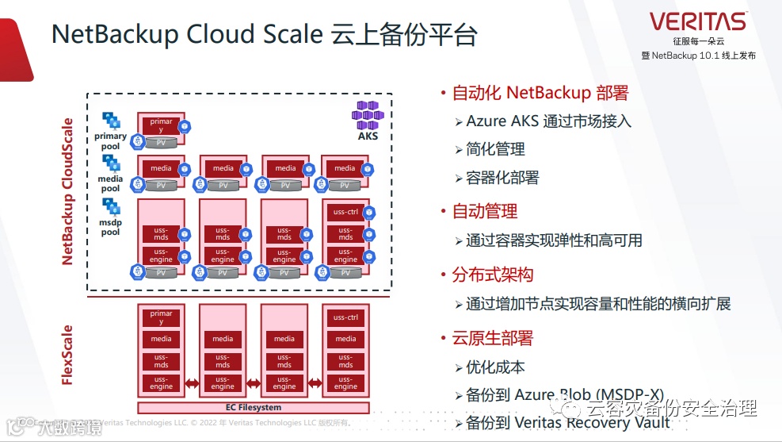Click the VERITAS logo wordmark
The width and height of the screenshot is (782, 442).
click(x=697, y=21)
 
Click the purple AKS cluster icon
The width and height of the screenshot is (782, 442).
click(x=367, y=115)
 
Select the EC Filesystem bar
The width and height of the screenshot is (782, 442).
click(x=254, y=408)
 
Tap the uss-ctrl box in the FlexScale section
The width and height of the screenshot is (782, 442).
click(x=345, y=317)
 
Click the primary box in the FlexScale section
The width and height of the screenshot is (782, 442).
click(x=161, y=317)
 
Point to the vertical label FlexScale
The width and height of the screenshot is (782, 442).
click(x=67, y=355)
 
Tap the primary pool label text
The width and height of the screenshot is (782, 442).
click(x=110, y=141)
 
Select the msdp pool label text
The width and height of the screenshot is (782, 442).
click(x=110, y=228)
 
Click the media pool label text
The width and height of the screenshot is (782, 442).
click(x=110, y=183)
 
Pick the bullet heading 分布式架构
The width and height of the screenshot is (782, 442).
click(x=492, y=275)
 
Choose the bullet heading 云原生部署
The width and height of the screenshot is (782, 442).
click(x=492, y=338)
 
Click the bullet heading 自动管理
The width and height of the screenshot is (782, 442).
click(x=484, y=211)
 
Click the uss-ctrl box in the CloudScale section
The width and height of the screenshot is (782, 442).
click(x=345, y=212)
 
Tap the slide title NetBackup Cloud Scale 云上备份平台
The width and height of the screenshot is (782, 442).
click(x=265, y=35)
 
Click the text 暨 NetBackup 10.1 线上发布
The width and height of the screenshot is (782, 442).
click(x=698, y=56)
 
